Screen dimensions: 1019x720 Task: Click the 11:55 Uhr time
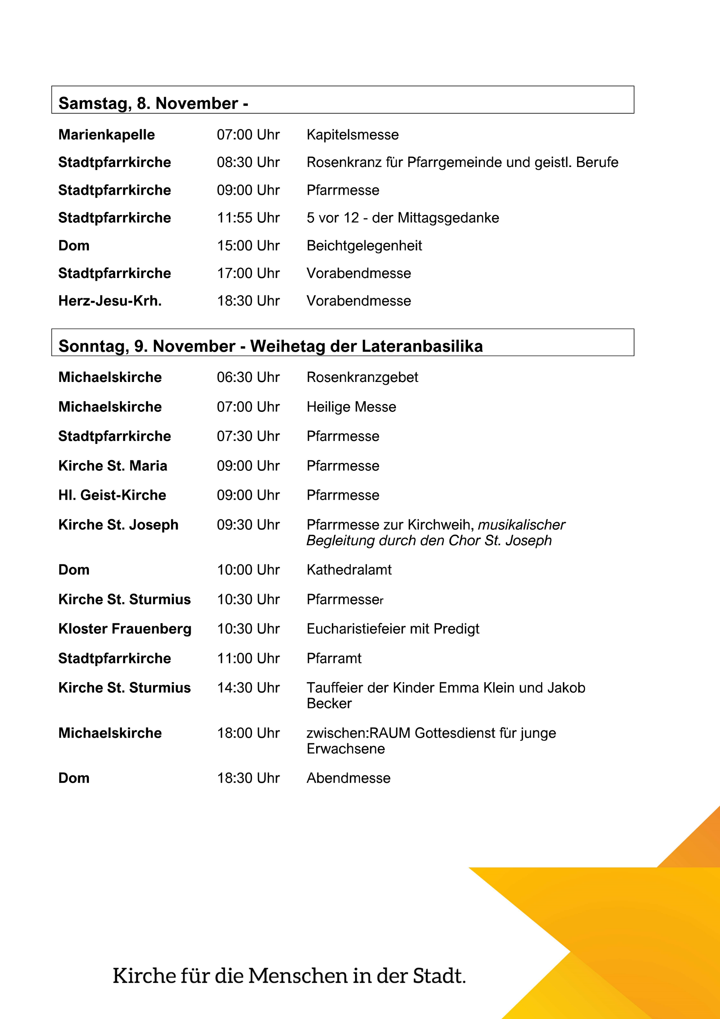(x=248, y=218)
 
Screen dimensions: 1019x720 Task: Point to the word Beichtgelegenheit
(x=364, y=246)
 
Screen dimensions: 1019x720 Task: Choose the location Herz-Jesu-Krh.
(x=109, y=301)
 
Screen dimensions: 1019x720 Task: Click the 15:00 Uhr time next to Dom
(x=248, y=246)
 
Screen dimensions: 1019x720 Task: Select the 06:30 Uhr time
(x=248, y=377)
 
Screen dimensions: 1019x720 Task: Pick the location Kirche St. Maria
(x=112, y=466)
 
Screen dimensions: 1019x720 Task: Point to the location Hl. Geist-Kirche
(x=112, y=495)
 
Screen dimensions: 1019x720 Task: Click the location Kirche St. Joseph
(x=118, y=525)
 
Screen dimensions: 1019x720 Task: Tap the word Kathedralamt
(x=349, y=570)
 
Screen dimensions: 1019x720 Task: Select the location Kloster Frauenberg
(x=124, y=629)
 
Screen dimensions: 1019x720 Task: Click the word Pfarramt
(x=334, y=658)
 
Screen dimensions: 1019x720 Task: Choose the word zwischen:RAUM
(x=358, y=733)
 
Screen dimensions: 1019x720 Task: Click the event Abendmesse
(x=348, y=779)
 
